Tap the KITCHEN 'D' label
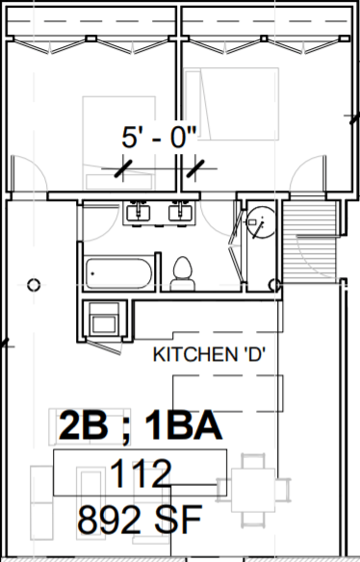pos(209,354)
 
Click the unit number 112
pos(141,473)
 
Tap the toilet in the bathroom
pos(180,274)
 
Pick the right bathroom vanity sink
pos(179,212)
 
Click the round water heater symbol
pos(257,223)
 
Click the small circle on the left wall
pos(34,284)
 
